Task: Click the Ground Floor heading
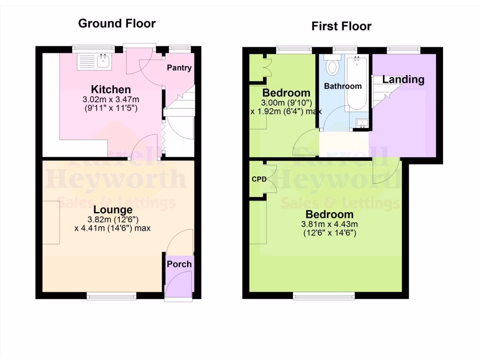coord(117,23)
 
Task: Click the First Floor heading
coord(341,26)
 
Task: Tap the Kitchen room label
coord(111,90)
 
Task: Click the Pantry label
coord(180,68)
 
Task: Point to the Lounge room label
coord(112,210)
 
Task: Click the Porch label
coord(179,264)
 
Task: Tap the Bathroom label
coord(343,86)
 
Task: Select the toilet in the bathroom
coord(333,66)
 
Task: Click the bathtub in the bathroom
coord(358,82)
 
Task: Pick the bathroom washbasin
coord(361,123)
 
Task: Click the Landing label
coord(403,80)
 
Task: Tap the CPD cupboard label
coord(259,180)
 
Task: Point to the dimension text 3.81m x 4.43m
coord(329,224)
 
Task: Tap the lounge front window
coord(112,296)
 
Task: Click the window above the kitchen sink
coord(93,47)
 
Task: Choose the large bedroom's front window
coord(324,296)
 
